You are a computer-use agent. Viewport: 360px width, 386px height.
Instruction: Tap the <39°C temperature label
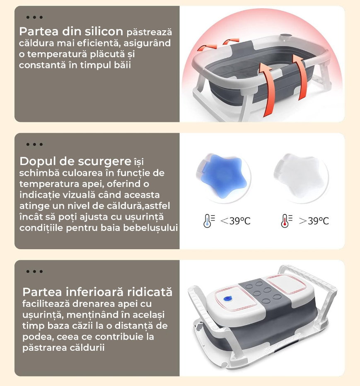[235, 221]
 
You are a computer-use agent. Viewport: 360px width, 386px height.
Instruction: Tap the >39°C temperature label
[314, 221]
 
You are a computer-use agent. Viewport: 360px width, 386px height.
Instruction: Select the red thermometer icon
[286, 221]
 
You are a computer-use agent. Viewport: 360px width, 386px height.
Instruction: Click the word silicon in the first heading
[104, 32]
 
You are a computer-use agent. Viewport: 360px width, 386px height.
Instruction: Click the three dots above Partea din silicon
[34, 17]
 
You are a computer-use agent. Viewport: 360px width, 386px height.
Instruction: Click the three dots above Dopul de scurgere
[34, 144]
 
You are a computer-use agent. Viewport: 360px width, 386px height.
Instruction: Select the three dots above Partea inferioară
[34, 271]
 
